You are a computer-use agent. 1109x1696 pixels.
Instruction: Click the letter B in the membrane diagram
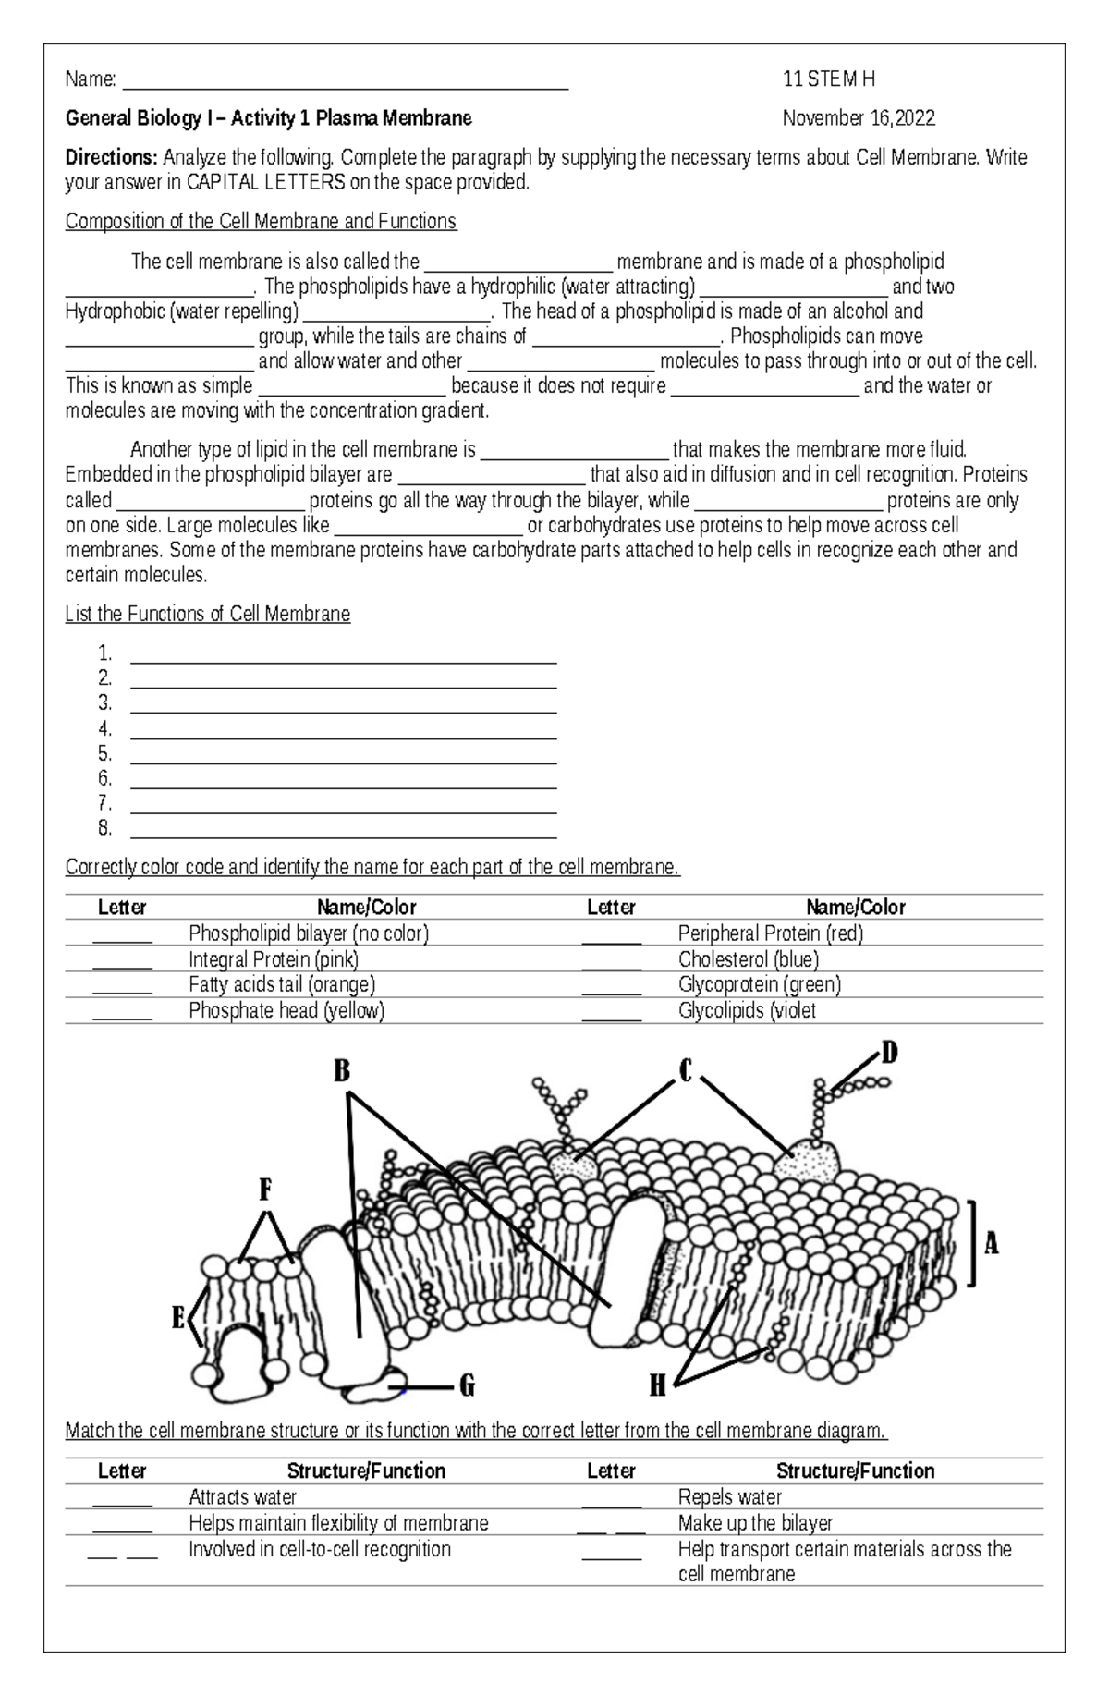[x=342, y=1071]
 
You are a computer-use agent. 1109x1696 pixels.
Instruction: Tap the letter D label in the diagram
[x=888, y=1053]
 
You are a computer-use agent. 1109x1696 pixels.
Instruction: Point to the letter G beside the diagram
[x=467, y=1386]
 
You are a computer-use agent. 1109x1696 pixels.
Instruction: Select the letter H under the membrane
[x=657, y=1385]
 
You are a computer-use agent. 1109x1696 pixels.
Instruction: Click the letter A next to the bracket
[x=992, y=1245]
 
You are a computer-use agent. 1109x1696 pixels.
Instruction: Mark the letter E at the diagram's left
[x=178, y=1318]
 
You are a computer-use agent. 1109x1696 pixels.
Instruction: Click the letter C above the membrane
[x=686, y=1071]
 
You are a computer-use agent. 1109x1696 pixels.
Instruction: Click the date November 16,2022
[x=859, y=118]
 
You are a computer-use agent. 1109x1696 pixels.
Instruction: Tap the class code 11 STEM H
[x=828, y=79]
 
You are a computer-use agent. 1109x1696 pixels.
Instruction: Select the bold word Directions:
[x=112, y=158]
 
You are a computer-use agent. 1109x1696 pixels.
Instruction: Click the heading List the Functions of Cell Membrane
[x=208, y=615]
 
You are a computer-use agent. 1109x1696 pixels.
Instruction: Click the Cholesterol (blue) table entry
[x=749, y=959]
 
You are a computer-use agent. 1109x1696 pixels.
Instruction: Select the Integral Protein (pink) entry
[x=274, y=959]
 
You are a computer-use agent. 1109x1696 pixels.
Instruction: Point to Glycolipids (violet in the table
[x=747, y=1011]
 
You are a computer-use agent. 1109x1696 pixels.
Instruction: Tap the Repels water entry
[x=730, y=1497]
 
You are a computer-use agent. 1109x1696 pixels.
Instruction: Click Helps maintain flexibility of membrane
[x=338, y=1523]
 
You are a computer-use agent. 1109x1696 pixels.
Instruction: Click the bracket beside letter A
[x=972, y=1243]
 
